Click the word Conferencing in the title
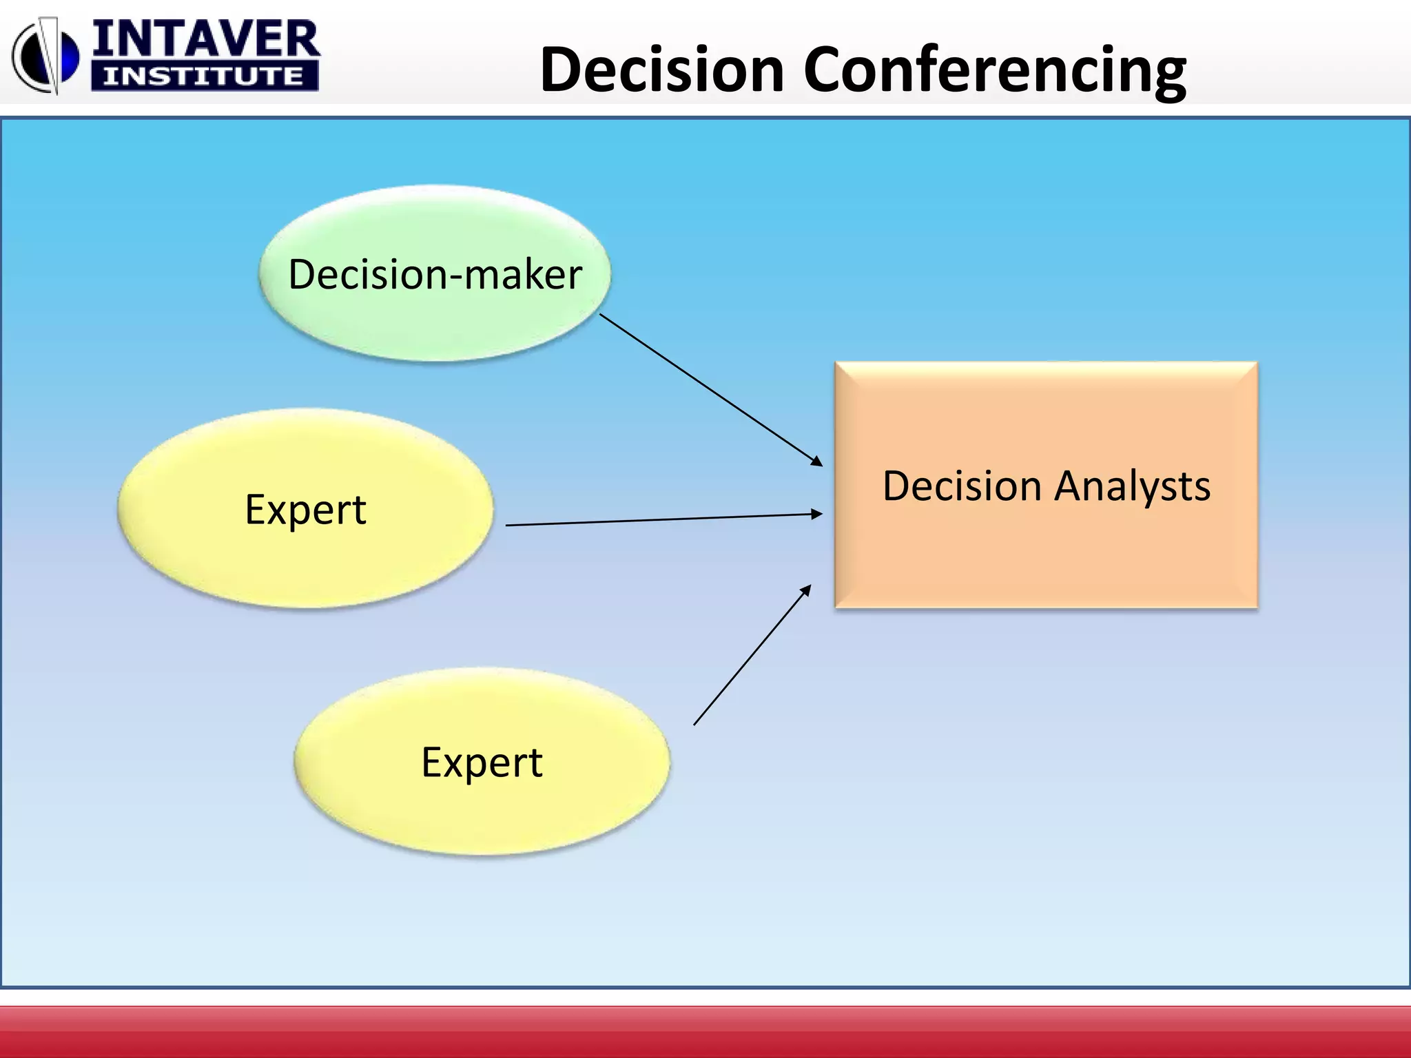click(x=994, y=70)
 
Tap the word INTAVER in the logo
click(x=205, y=39)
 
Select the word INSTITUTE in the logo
click(x=204, y=76)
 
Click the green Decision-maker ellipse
click(x=434, y=324)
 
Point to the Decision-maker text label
click(x=435, y=274)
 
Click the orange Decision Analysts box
click(x=1046, y=551)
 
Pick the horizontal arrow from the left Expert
click(x=661, y=520)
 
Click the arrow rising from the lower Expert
click(x=751, y=656)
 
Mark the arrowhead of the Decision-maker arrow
click(x=818, y=461)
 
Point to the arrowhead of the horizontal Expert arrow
click(x=817, y=514)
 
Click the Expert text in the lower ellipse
click(x=482, y=763)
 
